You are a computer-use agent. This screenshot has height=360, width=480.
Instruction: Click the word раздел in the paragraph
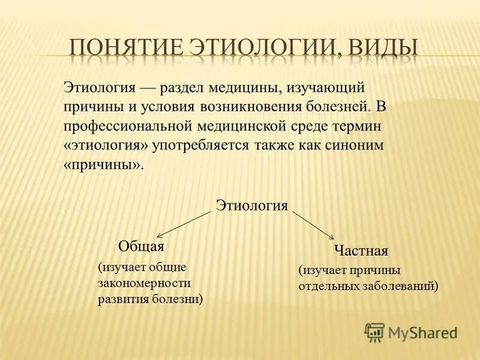pyautogui.click(x=181, y=88)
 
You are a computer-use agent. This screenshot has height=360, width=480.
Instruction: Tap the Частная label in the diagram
pyautogui.click(x=361, y=250)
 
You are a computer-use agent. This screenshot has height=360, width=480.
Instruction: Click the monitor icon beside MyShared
pyautogui.click(x=374, y=331)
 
